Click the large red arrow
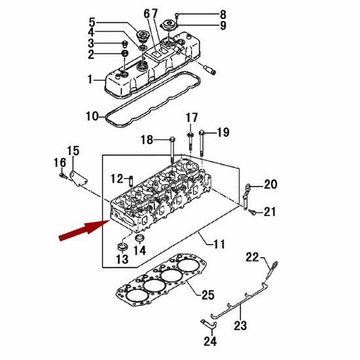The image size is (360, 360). click(x=84, y=230)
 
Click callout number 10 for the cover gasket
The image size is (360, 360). click(x=92, y=116)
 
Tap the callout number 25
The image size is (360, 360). click(x=208, y=295)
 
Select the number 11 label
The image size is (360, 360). click(x=219, y=244)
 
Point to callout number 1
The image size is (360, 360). click(x=90, y=79)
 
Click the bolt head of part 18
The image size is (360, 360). click(x=173, y=139)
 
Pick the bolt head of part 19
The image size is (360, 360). click(x=202, y=132)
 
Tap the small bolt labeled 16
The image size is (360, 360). click(x=63, y=175)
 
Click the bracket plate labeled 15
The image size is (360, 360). click(x=79, y=179)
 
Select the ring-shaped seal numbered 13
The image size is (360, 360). click(x=122, y=247)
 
